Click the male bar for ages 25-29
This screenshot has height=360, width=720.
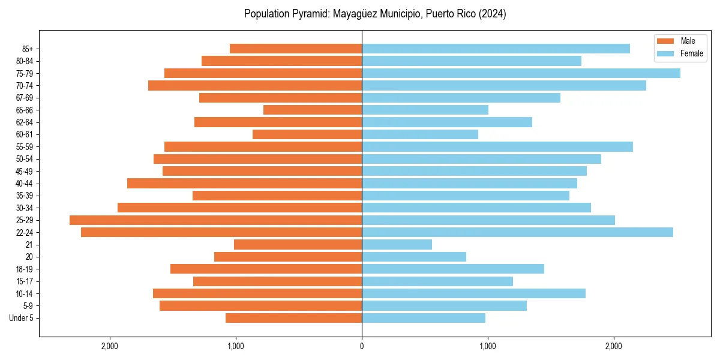(x=216, y=220)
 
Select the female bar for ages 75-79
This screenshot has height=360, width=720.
(x=521, y=73)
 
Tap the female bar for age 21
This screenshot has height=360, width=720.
(x=397, y=245)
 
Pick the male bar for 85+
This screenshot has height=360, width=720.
(x=296, y=49)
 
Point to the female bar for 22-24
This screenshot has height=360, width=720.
(x=517, y=232)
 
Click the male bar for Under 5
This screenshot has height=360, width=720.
(x=293, y=318)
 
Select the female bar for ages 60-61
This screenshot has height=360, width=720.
(x=420, y=134)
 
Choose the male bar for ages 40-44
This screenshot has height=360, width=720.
(x=244, y=184)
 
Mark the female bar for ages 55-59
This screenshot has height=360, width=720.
(x=497, y=147)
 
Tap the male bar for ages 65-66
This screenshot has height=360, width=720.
(x=313, y=110)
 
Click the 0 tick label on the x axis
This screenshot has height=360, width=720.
(x=362, y=346)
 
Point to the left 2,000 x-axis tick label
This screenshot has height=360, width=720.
(x=109, y=346)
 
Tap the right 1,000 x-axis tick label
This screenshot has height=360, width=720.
(x=487, y=346)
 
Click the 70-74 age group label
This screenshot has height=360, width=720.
(x=25, y=86)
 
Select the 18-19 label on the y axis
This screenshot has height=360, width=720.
(x=25, y=269)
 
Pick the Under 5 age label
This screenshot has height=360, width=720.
(x=22, y=318)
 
